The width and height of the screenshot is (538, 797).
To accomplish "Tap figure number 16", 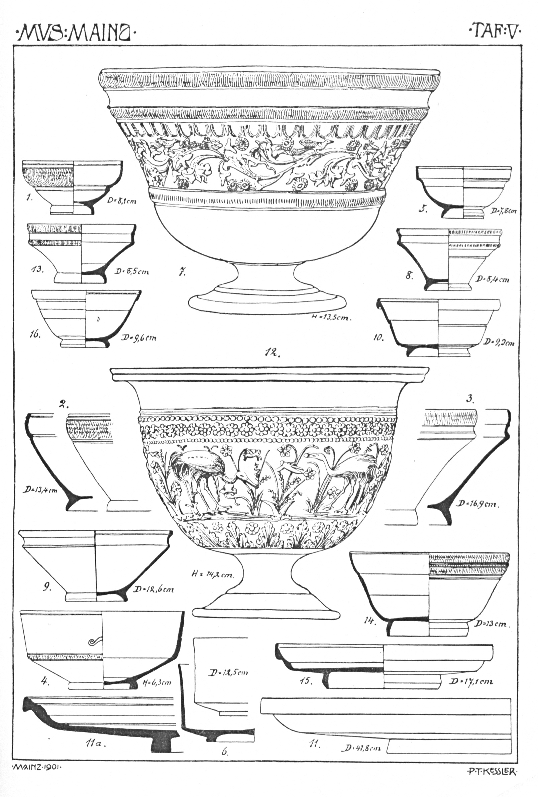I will pyautogui.click(x=35, y=335).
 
